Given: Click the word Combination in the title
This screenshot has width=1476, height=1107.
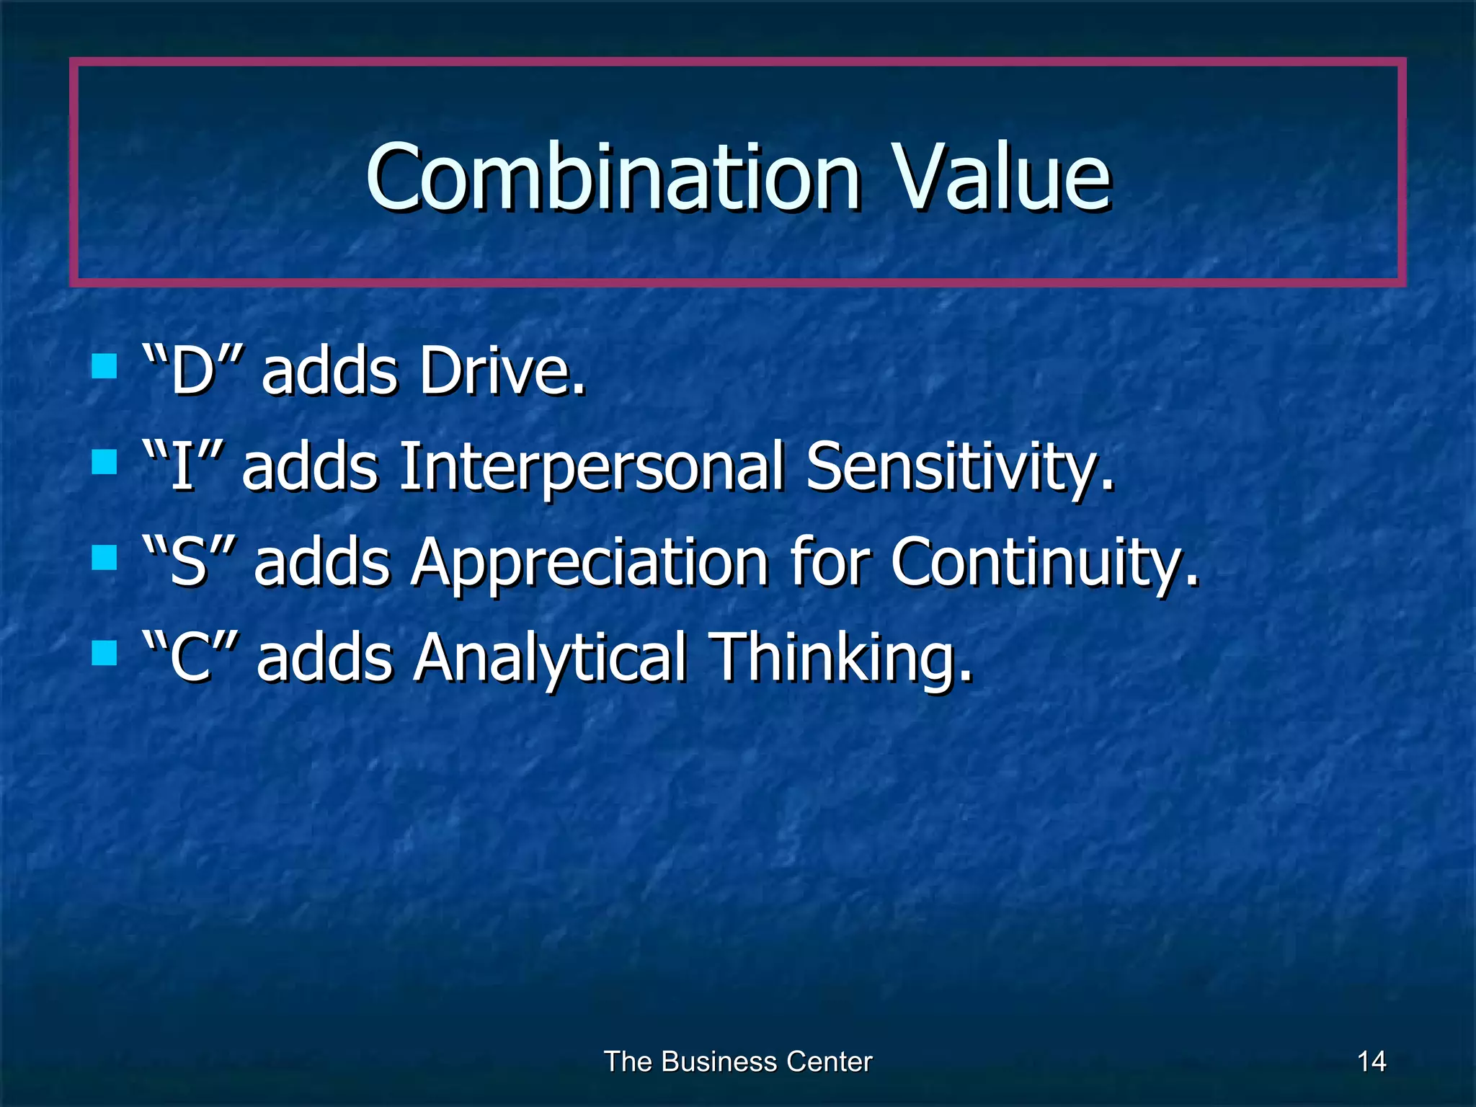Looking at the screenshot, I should coord(613,177).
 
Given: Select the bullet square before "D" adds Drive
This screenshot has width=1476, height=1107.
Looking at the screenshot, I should coord(105,366).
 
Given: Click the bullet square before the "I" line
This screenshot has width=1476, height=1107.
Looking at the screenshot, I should coord(105,462).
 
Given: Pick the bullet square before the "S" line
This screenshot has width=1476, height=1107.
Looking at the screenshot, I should coord(105,557).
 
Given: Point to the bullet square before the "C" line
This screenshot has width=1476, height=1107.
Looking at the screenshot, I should coord(105,653).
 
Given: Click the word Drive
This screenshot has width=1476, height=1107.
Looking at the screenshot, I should coord(502,371).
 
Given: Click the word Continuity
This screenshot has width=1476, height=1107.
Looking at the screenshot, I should coord(1045,562).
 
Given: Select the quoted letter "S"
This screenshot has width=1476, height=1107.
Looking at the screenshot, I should coord(189,562).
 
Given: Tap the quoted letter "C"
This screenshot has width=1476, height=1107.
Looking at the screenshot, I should coord(190,657).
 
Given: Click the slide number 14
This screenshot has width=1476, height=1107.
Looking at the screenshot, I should coord(1371,1062).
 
